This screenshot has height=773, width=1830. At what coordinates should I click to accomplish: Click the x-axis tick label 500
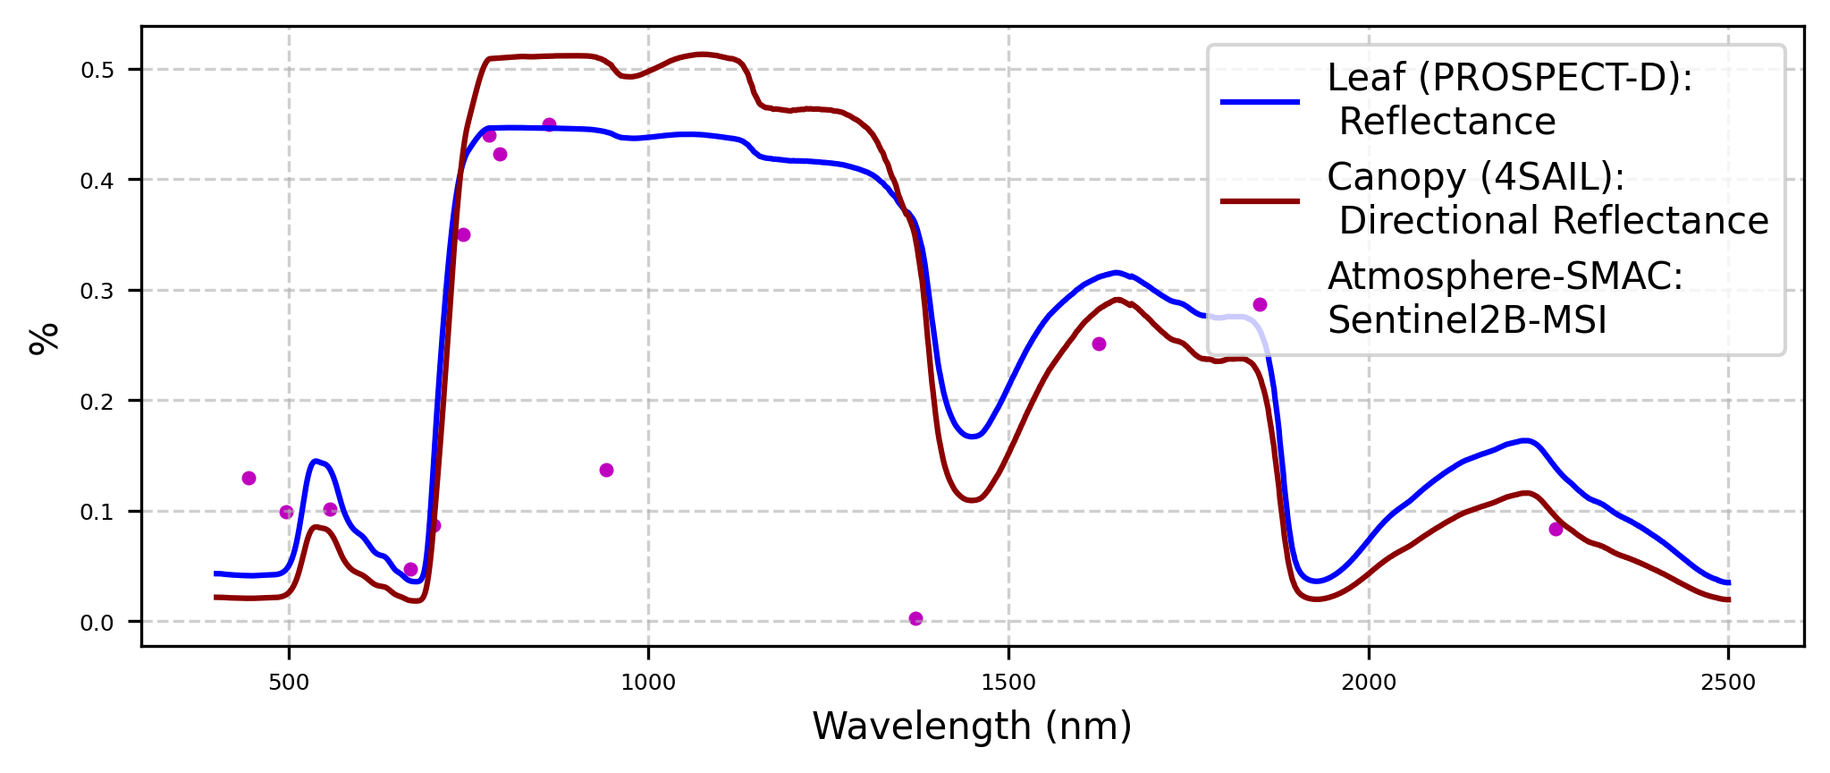288,684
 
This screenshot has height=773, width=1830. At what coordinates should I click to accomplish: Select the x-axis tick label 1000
648,684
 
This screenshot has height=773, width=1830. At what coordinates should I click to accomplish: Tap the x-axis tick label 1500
1008,684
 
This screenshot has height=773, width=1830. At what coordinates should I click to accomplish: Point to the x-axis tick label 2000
1369,684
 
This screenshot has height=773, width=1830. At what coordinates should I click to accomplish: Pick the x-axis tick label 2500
1728,684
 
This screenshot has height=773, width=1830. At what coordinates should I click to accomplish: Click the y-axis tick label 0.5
98,70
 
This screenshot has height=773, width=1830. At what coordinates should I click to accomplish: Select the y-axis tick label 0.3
98,291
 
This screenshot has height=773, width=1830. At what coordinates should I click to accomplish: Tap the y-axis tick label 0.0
98,623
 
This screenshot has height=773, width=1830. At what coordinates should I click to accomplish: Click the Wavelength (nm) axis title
972,726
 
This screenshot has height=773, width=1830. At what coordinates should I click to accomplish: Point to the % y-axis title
44,339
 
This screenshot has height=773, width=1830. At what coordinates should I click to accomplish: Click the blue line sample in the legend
1260,102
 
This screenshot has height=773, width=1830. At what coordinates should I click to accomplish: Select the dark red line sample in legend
1260,200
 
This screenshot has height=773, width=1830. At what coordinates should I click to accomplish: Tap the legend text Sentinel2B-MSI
1467,320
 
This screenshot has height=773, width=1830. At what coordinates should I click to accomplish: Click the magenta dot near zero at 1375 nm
915,619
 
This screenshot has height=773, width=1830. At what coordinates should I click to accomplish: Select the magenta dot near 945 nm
606,471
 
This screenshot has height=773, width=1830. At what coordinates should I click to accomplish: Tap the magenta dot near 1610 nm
1099,344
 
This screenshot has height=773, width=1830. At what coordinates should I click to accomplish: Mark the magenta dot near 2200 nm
1556,530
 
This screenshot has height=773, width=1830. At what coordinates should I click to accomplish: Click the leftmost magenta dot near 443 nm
249,479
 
